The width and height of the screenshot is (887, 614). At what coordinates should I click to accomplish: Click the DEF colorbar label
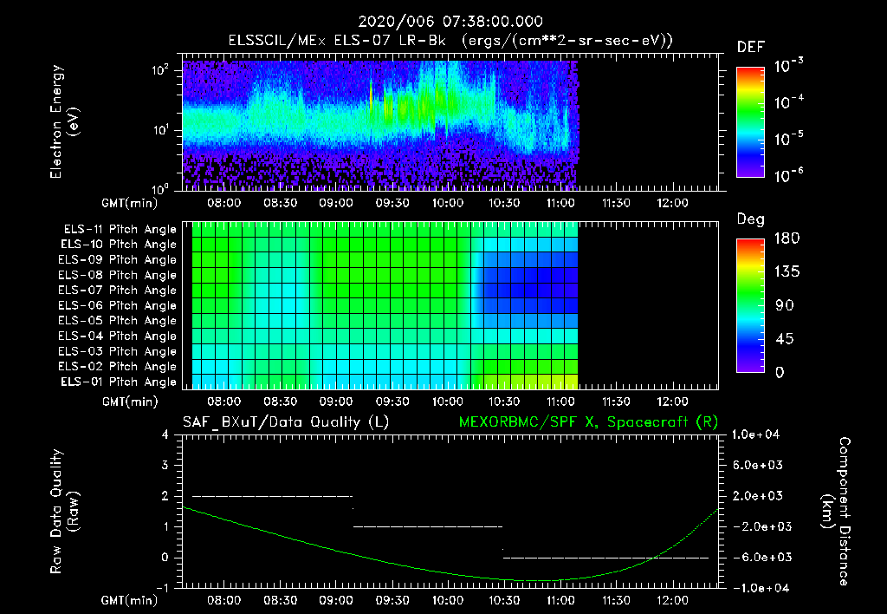pos(750,47)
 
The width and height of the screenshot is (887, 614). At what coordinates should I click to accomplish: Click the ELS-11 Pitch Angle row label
pos(120,229)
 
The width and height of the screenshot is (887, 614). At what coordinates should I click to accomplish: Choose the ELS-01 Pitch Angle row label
pos(120,382)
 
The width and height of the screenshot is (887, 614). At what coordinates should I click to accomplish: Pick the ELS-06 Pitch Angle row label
pos(120,305)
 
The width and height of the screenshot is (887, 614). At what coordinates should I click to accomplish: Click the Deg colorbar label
pos(750,219)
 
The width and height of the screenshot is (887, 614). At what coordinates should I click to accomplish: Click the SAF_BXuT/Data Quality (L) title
pos(284,421)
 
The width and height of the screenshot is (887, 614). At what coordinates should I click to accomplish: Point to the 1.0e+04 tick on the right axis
pos(759,434)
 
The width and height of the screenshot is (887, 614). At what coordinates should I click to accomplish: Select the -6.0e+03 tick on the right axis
pos(759,557)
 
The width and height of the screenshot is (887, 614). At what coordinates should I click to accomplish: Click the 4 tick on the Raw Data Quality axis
pos(166,434)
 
